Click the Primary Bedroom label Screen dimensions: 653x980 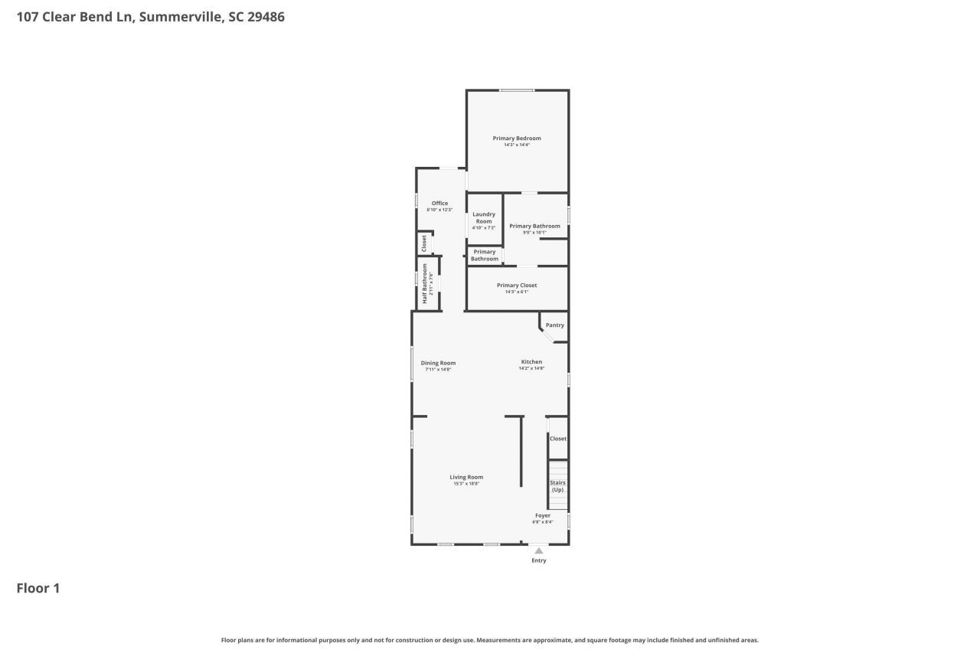point(516,139)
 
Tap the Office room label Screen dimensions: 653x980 point(439,204)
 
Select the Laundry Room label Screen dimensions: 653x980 point(484,218)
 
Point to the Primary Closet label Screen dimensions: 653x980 point(517,286)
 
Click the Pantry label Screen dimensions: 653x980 point(555,325)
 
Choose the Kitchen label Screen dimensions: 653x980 point(531,362)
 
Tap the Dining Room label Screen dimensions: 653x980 point(438,363)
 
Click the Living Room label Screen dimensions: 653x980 point(466,478)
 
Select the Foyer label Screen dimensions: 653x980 point(543,516)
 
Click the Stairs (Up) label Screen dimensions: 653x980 point(558,486)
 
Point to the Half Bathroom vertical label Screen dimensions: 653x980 point(425,284)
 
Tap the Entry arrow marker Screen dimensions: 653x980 point(539,550)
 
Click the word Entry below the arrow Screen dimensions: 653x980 point(539,560)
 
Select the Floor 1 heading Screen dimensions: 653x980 point(38,588)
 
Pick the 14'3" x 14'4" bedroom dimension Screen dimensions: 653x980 point(517,145)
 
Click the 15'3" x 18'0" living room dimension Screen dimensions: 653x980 point(466,484)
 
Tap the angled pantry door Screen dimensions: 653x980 point(547,335)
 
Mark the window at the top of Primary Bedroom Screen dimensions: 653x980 point(518,90)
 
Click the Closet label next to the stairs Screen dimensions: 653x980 point(558,439)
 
